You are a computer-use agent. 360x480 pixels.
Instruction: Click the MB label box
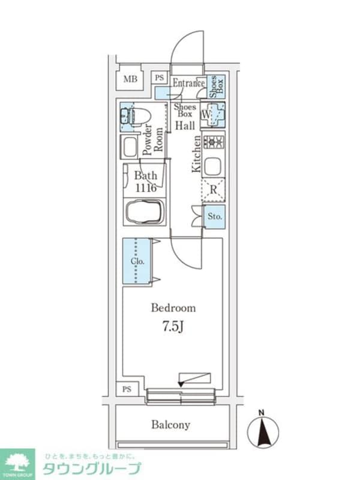129,79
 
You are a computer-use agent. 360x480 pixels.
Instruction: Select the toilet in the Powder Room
140,115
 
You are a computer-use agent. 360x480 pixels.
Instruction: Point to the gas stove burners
214,142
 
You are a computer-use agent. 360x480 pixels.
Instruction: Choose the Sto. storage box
215,216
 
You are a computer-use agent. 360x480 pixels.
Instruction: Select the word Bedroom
173,308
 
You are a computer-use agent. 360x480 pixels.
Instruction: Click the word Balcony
170,425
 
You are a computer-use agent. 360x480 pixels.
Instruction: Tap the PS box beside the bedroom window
127,389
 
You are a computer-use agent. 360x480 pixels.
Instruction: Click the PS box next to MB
159,77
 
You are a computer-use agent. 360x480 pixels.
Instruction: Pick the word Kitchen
196,154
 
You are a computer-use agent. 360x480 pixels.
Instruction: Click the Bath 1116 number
145,188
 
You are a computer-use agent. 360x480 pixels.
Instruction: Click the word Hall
185,125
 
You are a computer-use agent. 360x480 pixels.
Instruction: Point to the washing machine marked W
213,114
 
